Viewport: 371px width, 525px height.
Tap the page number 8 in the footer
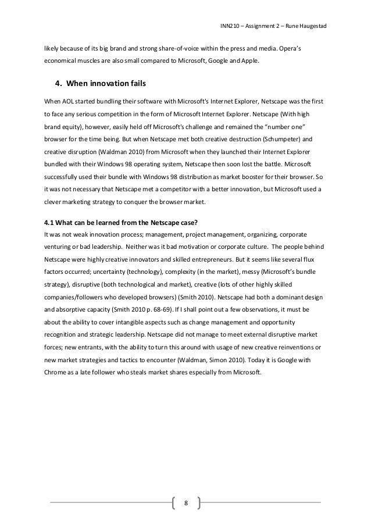[x=185, y=503]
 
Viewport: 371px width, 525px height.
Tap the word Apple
[x=248, y=62]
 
